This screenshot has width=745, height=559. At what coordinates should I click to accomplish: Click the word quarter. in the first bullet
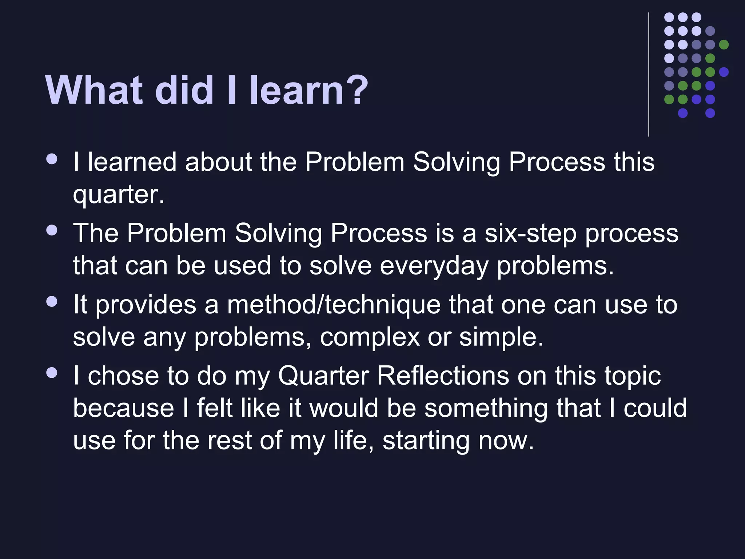click(x=119, y=195)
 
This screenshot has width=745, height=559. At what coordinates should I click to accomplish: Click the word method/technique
click(x=334, y=305)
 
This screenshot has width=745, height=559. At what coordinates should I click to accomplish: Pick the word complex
click(x=370, y=337)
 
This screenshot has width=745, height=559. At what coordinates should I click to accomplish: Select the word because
click(x=124, y=408)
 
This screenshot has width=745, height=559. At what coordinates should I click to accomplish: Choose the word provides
click(x=146, y=305)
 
